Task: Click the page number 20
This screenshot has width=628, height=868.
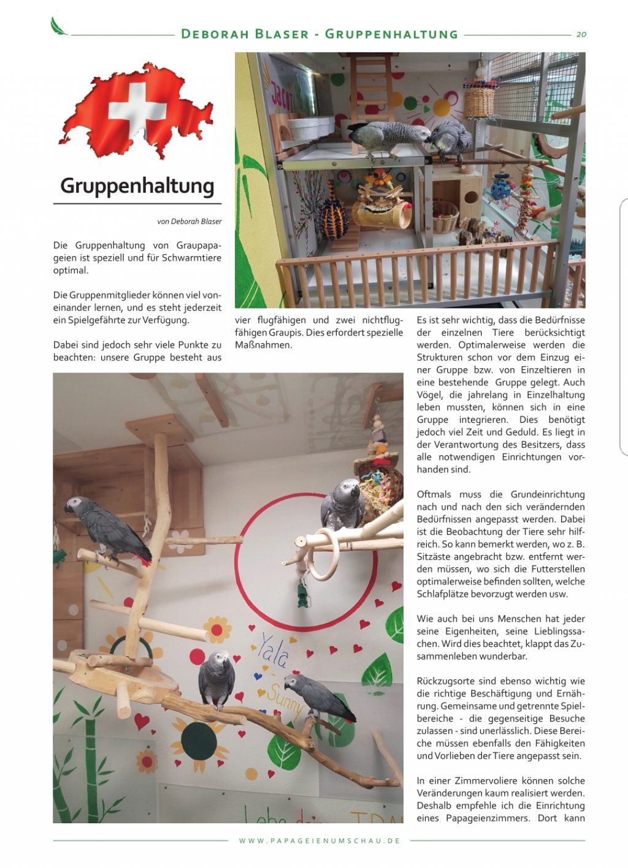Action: click(x=581, y=34)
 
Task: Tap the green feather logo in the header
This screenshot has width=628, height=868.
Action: click(x=59, y=26)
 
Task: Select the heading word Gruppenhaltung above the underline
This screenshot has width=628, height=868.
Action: click(x=137, y=186)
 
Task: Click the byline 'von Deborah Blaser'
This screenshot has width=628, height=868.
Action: click(x=189, y=221)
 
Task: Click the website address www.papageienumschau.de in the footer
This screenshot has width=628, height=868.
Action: click(x=320, y=840)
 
